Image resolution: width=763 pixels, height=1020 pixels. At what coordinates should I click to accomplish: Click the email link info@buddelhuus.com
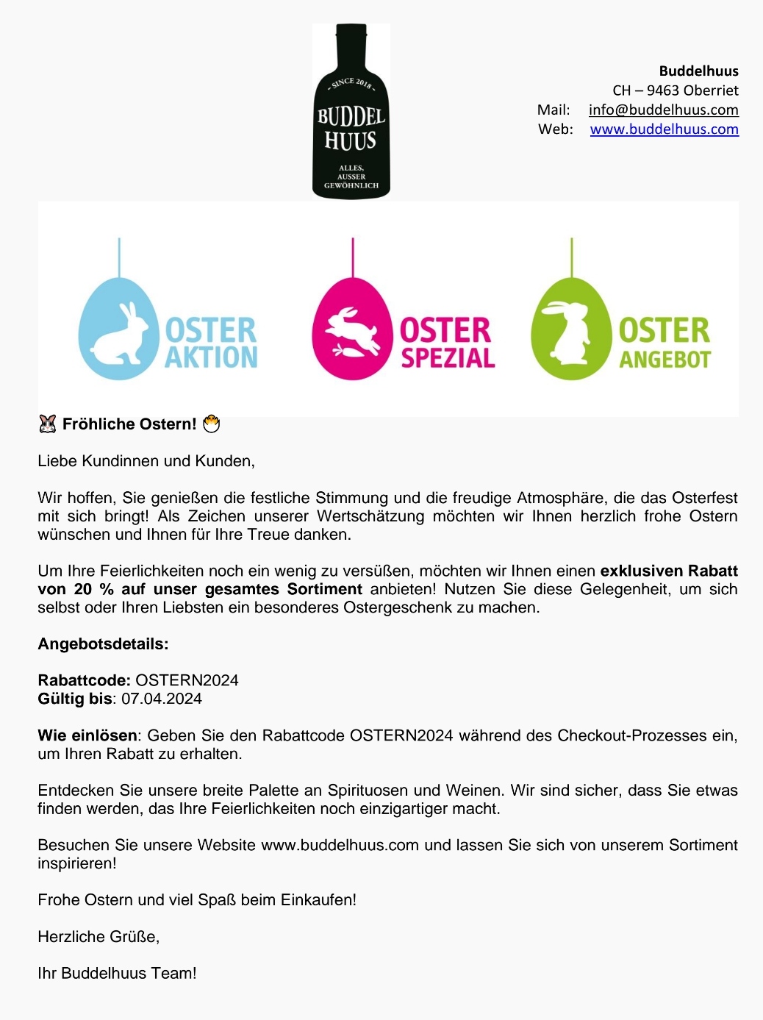pos(663,110)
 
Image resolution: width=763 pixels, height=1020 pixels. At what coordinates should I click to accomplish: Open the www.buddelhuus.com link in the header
pos(664,129)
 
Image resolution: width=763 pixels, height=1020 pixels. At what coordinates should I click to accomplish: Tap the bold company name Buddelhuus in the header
pos(698,71)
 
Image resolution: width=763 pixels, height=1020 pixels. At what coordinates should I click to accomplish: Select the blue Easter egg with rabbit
pos(118,329)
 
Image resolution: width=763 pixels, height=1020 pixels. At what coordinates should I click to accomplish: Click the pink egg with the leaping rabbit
pos(352,329)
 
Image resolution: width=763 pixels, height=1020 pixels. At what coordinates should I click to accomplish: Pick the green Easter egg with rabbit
pos(571,329)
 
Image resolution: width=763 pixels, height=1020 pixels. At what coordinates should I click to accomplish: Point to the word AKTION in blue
pos(211,357)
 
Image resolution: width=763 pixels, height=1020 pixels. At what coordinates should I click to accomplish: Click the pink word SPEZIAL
pos(448,358)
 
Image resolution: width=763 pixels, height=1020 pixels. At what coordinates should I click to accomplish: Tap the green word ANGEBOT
pos(665,359)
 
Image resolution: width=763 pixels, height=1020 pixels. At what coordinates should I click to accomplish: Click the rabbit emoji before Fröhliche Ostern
pos(47,424)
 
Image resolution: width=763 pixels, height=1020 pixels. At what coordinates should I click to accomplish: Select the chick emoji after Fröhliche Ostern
pos(211,424)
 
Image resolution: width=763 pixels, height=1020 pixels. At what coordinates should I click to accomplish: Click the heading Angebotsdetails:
pos(103,644)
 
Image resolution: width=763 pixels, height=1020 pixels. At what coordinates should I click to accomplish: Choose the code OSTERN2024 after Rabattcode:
pos(187,680)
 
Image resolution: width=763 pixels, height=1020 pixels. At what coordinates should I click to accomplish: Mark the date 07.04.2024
pos(162,699)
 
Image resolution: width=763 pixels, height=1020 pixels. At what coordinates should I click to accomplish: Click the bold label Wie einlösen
pos(87,735)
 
